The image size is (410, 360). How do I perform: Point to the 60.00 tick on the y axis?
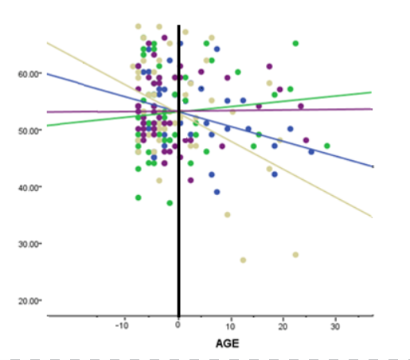point(29,73)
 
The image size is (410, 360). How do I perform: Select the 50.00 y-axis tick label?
point(29,130)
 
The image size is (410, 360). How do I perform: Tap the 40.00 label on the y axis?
point(29,187)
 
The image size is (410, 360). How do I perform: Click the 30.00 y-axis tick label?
point(29,244)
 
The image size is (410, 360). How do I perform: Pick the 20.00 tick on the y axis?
point(29,300)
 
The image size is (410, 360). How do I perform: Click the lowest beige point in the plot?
point(243,260)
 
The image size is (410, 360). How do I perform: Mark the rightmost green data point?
point(327,146)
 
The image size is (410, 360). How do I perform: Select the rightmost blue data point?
point(311,151)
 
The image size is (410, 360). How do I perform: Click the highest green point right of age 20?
point(295,44)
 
